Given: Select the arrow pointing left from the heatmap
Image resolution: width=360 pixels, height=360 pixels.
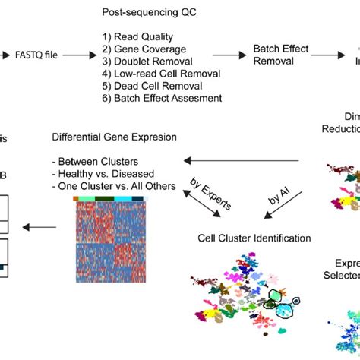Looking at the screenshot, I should [42, 226].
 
